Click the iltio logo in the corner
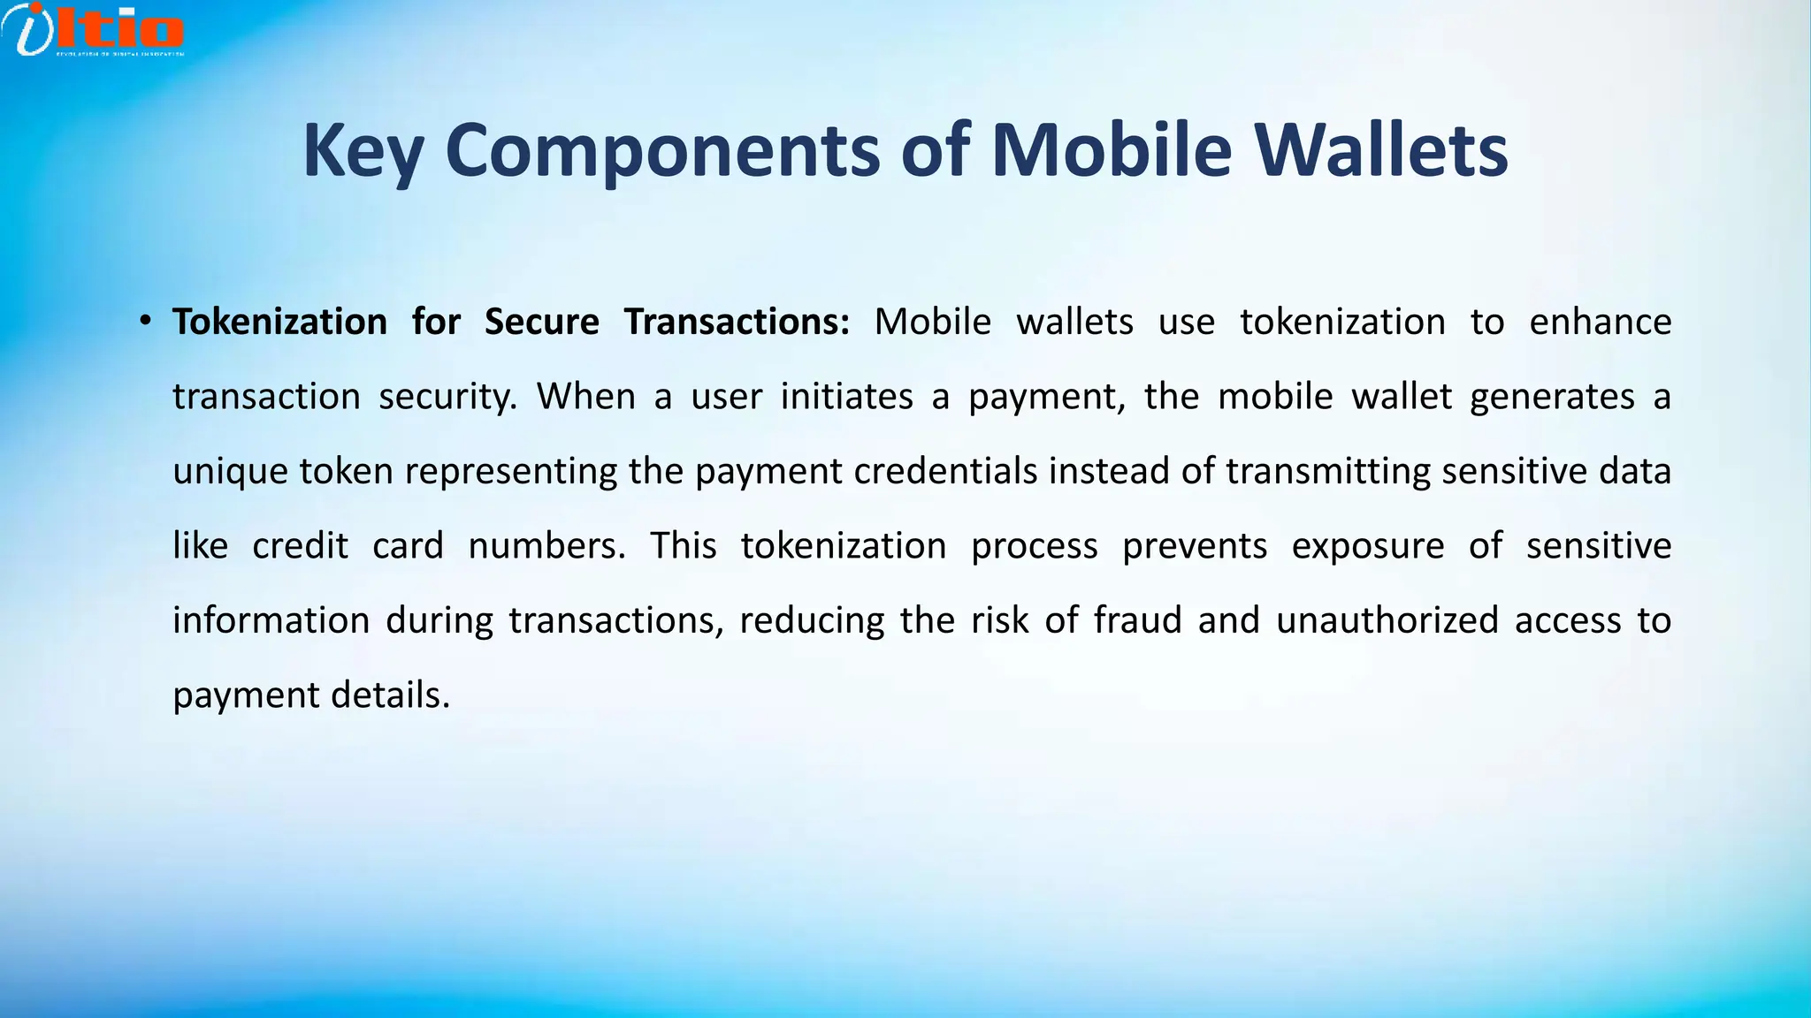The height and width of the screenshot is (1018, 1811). click(x=93, y=30)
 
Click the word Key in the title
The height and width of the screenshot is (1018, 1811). click(x=363, y=150)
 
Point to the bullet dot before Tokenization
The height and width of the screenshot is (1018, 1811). click(x=145, y=322)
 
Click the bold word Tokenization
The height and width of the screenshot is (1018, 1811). click(x=279, y=322)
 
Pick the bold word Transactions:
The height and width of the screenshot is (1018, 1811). click(x=737, y=322)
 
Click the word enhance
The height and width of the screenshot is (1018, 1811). click(x=1600, y=322)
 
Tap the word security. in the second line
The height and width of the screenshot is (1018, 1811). click(x=447, y=397)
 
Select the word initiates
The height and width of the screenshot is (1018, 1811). click(x=846, y=397)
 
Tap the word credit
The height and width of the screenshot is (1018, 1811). click(x=300, y=546)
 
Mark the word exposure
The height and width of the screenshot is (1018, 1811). click(x=1367, y=546)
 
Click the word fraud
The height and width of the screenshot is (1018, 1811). click(x=1137, y=620)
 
